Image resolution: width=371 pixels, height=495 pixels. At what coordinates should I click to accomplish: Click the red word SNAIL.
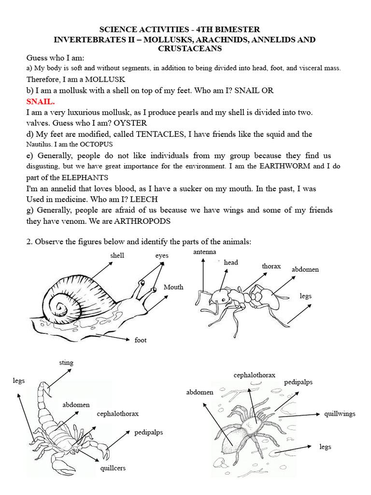pyautogui.click(x=41, y=102)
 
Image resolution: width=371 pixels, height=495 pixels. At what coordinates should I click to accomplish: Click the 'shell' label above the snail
pyautogui.click(x=117, y=255)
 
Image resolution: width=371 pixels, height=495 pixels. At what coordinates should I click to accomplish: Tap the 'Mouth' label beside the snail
pyautogui.click(x=173, y=287)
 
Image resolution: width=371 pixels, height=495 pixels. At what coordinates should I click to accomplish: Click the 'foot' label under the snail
pyautogui.click(x=140, y=340)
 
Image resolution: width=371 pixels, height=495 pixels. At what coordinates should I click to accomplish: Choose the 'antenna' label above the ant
pyautogui.click(x=204, y=252)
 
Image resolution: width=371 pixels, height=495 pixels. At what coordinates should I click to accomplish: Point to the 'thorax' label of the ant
pyautogui.click(x=271, y=266)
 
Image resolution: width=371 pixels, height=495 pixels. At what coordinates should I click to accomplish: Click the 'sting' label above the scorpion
pyautogui.click(x=66, y=362)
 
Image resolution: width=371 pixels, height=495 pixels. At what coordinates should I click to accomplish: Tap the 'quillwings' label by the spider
pyautogui.click(x=340, y=414)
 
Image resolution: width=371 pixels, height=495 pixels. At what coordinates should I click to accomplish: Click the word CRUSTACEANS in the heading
pyautogui.click(x=186, y=49)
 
